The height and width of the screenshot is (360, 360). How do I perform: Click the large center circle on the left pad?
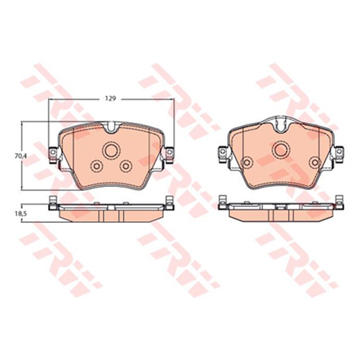pyautogui.click(x=111, y=151)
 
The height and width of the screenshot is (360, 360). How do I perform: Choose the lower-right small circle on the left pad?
pyautogui.click(x=126, y=166)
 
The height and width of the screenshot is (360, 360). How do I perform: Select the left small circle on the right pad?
pyautogui.click(x=246, y=163)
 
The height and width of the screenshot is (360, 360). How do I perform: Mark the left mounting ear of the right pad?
pyautogui.click(x=223, y=152)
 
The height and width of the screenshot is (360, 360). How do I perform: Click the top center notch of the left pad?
pyautogui.click(x=111, y=131)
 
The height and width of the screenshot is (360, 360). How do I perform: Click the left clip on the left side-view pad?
pyautogui.click(x=53, y=202)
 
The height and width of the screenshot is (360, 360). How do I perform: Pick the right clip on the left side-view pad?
pyautogui.click(x=169, y=202)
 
